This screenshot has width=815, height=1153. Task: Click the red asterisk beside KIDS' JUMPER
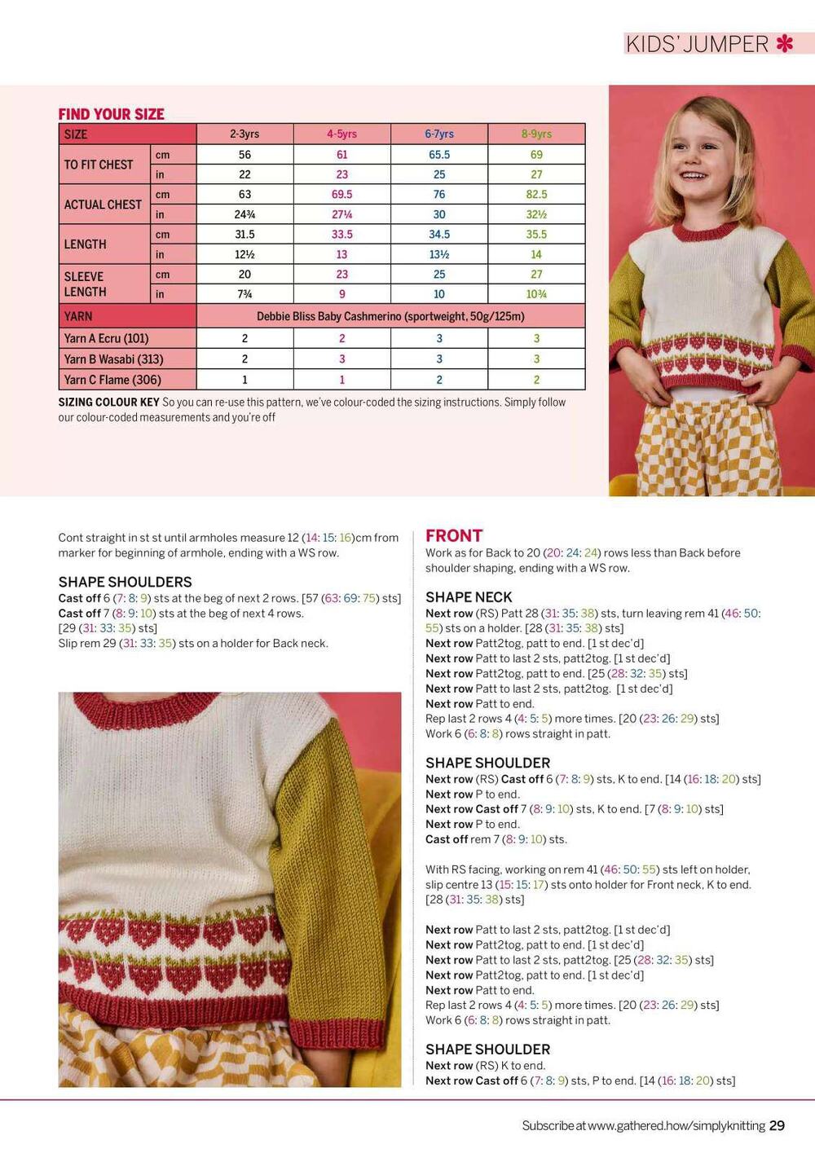coord(784,43)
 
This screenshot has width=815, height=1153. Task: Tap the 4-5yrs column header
coord(341,134)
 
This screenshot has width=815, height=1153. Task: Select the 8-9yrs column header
coord(536,134)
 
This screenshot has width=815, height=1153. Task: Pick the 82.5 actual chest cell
coord(536,194)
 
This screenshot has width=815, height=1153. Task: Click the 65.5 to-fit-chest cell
coord(439,155)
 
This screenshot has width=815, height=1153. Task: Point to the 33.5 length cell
coord(341,234)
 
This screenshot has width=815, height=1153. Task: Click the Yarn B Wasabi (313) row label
coord(113,359)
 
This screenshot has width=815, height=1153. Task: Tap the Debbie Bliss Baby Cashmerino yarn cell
coord(390,316)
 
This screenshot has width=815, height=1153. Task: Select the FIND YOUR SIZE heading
coord(111,114)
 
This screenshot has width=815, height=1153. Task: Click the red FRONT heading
coord(454,535)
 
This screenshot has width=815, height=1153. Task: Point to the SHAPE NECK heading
coord(469,596)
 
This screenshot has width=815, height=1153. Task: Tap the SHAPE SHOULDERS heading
coord(125,582)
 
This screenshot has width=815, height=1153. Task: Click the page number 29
coord(777,1125)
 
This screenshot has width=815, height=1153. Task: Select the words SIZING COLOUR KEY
coord(108,402)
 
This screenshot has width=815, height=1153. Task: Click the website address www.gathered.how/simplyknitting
coord(676,1125)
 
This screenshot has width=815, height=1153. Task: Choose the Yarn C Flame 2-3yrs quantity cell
coord(244,380)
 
